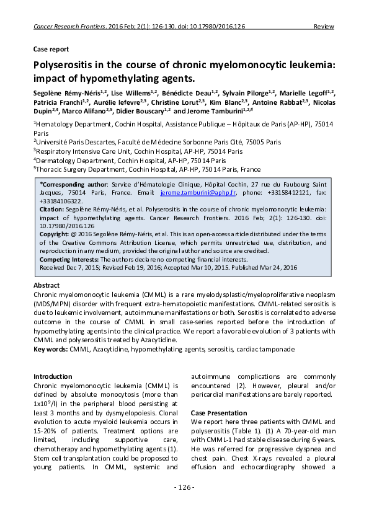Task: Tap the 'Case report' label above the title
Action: point(51,49)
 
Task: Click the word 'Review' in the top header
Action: point(324,27)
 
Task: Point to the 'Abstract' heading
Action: point(47,285)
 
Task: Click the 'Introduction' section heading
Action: point(53,376)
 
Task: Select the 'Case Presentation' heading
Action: point(218,412)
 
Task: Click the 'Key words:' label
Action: point(51,350)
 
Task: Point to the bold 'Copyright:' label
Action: point(55,236)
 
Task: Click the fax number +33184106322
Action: point(59,201)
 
